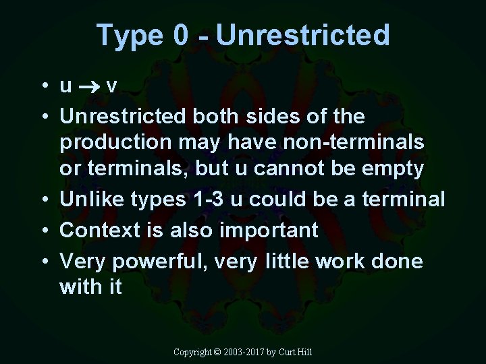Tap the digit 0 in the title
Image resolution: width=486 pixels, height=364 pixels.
tap(181, 35)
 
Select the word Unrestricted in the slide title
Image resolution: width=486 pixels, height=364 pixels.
tap(303, 35)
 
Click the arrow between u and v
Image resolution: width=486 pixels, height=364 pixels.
tap(90, 87)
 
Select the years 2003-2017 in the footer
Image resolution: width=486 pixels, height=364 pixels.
tap(243, 353)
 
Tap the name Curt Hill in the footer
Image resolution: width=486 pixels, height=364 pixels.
tap(294, 353)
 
